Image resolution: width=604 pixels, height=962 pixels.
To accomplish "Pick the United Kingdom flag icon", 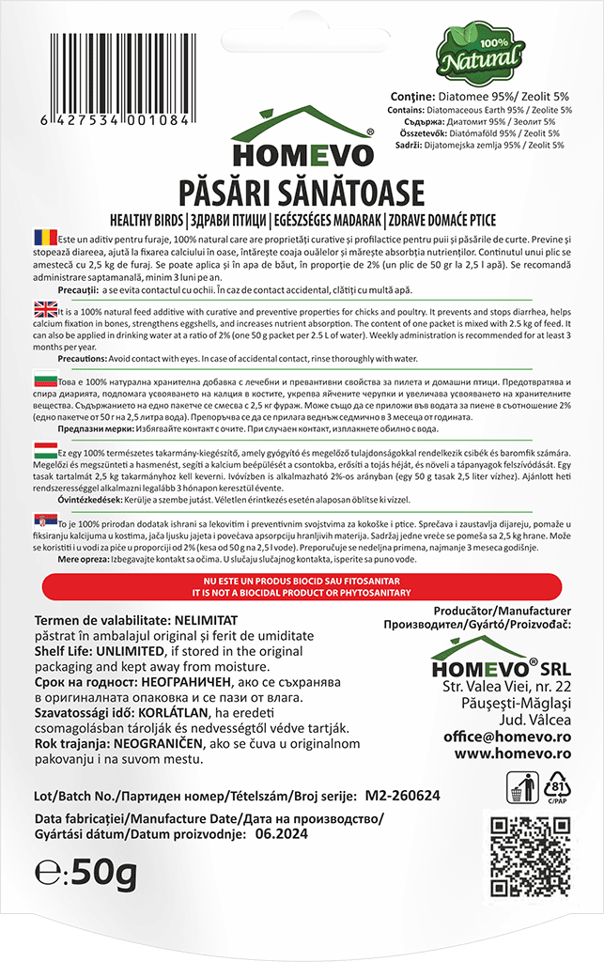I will (44, 309).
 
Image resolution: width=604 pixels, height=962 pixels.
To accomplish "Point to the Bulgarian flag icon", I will (44, 383).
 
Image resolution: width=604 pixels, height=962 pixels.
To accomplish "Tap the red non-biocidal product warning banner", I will (302, 589).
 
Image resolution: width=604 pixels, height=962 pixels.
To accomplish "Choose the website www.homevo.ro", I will (513, 753).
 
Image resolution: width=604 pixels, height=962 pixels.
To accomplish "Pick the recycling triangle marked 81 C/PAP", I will (556, 785).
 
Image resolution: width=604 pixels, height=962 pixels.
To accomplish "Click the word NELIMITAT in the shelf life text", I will (207, 621).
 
